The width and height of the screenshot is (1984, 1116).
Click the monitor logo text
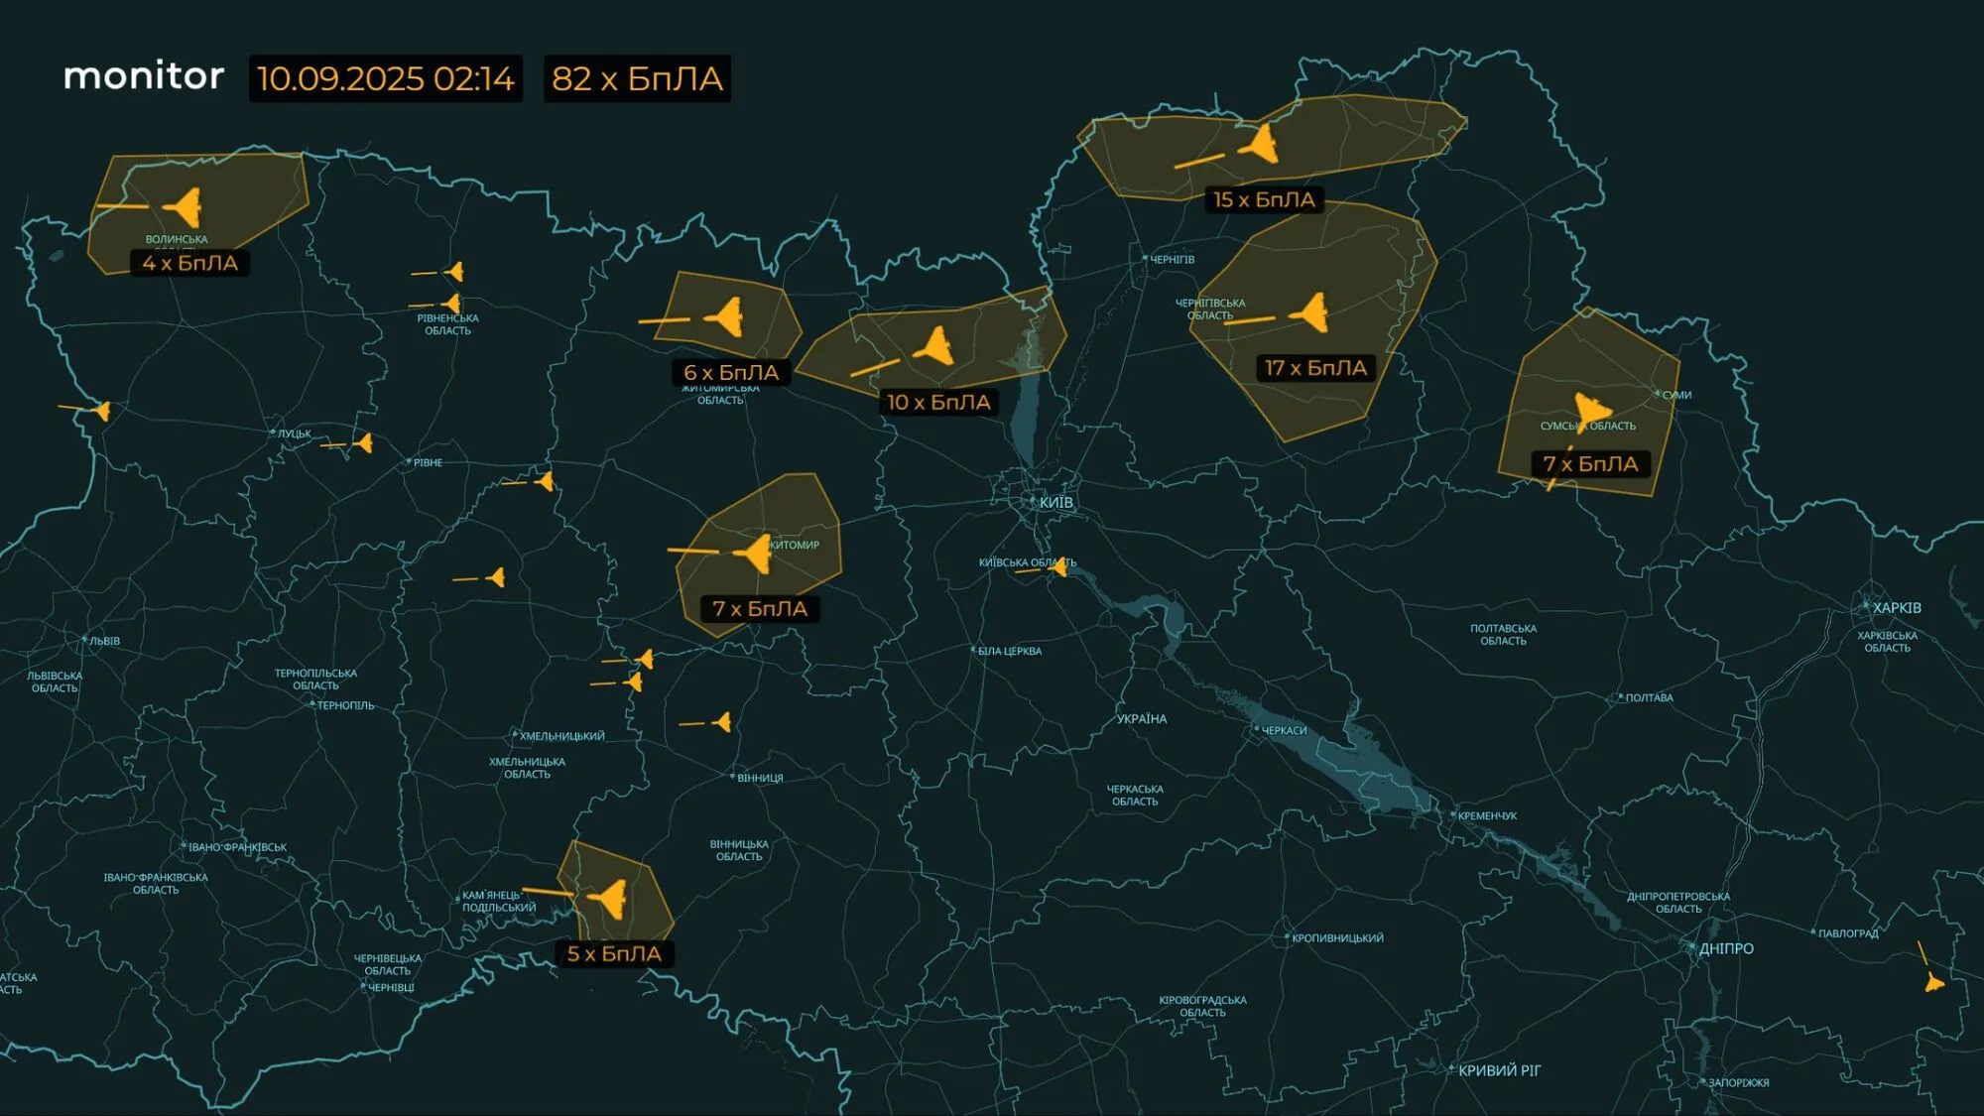[144, 76]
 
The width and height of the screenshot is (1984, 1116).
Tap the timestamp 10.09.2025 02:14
[385, 78]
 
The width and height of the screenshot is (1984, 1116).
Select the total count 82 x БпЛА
[637, 78]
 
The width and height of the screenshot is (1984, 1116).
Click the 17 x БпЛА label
[1315, 368]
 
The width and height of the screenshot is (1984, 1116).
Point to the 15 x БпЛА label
[1264, 199]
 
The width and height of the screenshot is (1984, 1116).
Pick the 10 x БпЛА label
[938, 402]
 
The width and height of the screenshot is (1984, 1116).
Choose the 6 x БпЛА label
[731, 372]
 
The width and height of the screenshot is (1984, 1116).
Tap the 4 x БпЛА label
[189, 263]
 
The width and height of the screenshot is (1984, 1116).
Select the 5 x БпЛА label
[613, 953]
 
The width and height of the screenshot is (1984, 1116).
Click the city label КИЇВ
[1055, 502]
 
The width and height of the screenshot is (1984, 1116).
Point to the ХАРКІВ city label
[1896, 607]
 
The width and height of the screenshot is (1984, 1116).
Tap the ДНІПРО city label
[1726, 948]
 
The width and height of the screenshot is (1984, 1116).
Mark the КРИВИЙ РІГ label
[1499, 1070]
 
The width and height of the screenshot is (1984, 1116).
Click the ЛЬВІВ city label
[104, 641]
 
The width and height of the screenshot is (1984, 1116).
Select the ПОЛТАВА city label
[1649, 698]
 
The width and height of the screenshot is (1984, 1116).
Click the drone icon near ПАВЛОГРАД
[1933, 982]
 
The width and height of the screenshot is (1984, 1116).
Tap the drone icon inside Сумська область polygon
[1591, 408]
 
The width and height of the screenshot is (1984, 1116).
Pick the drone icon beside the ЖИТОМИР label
[756, 553]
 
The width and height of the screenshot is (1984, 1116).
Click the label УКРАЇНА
[1141, 718]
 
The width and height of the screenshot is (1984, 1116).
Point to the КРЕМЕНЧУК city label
[1487, 815]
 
